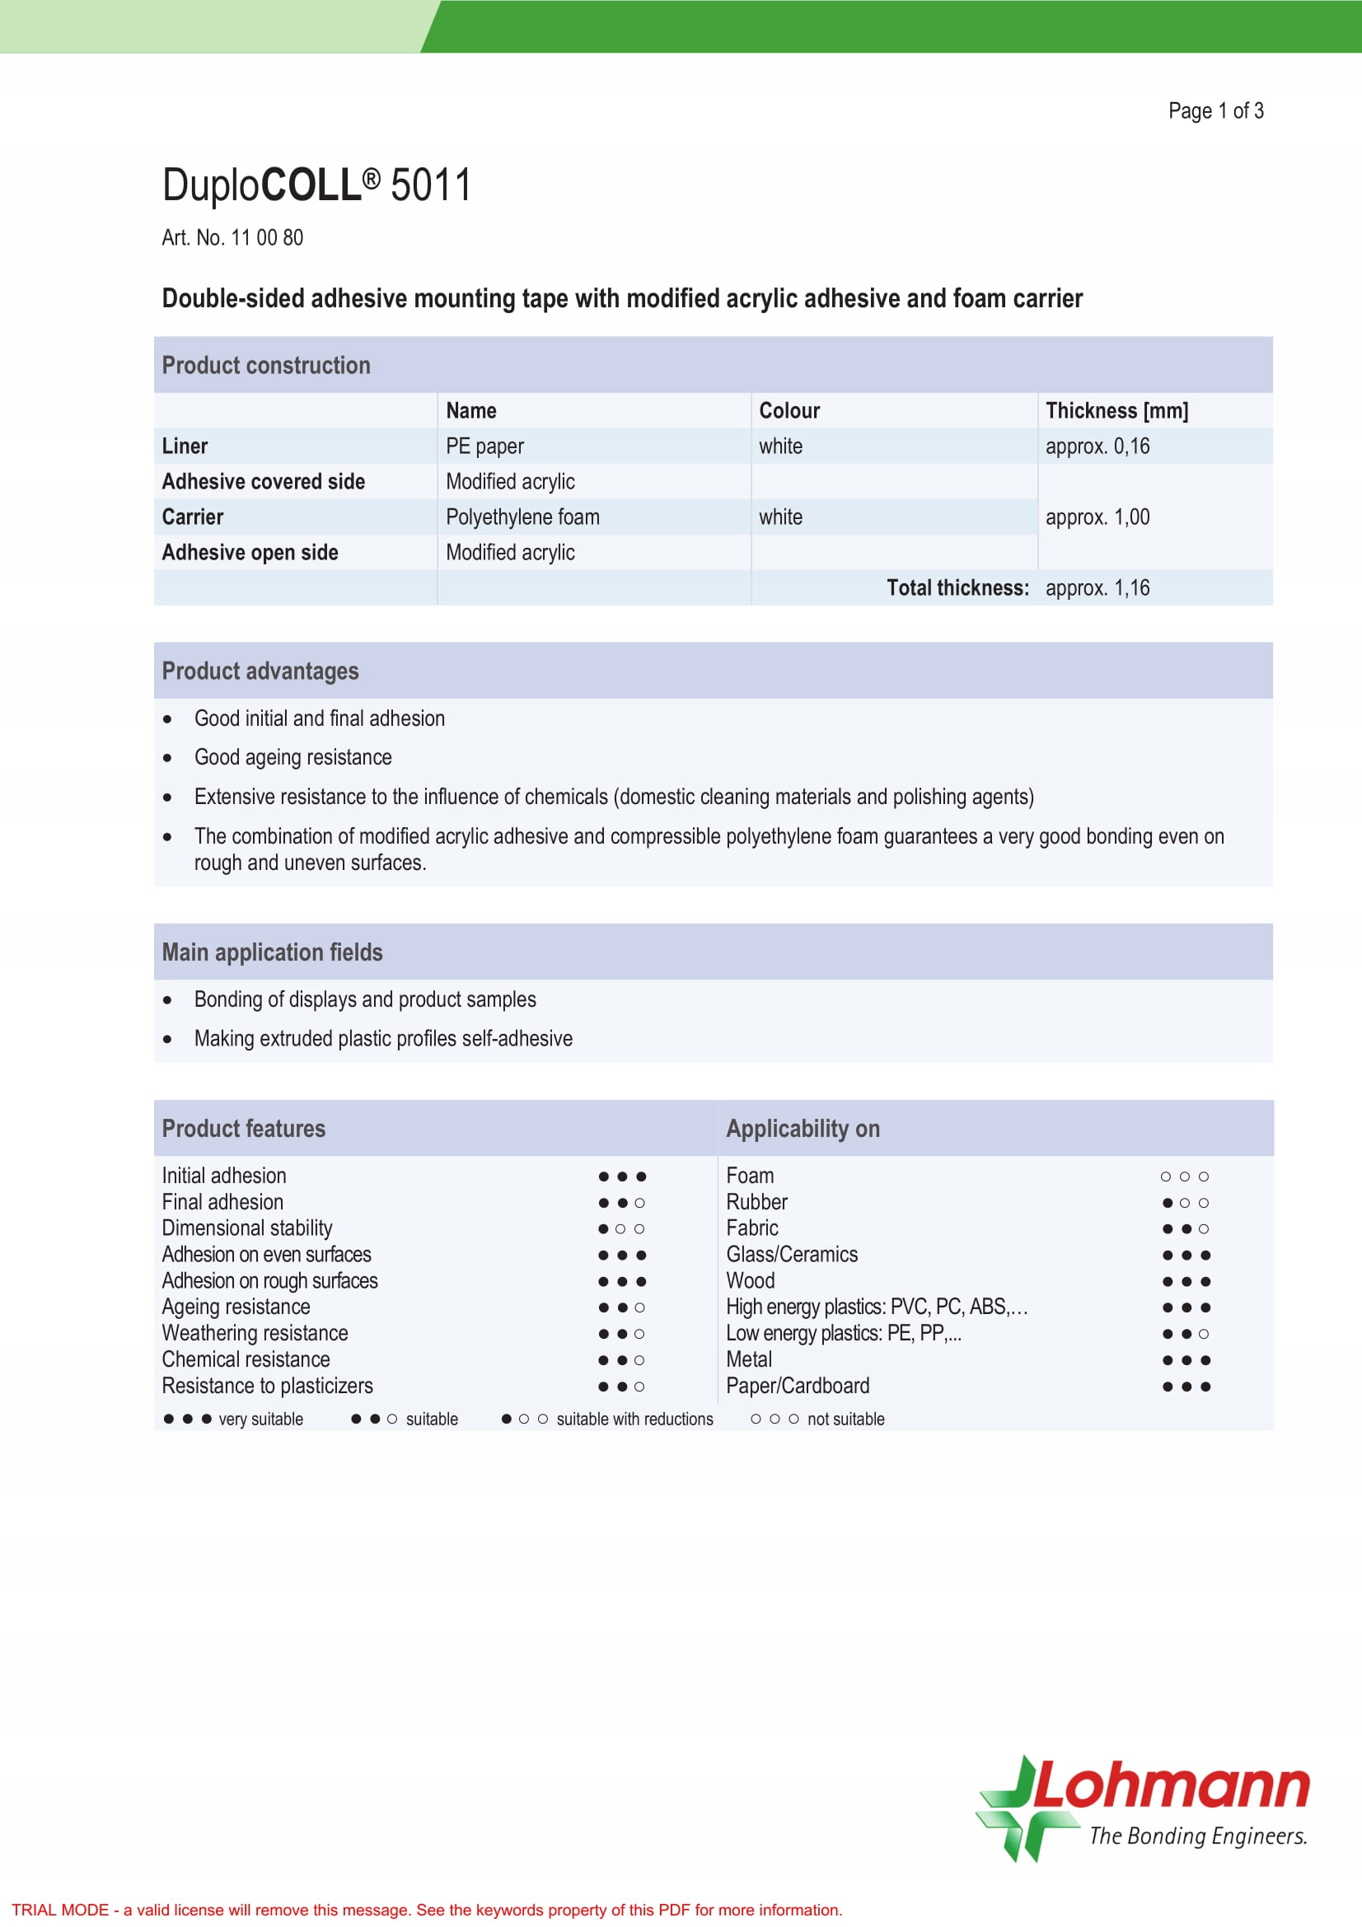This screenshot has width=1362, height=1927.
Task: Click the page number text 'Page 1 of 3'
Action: [x=1215, y=110]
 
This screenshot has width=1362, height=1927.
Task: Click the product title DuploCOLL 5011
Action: [x=316, y=185]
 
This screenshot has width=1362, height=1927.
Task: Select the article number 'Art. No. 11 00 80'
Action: [x=232, y=237]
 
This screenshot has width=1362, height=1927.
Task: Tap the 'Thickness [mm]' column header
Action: [x=1116, y=410]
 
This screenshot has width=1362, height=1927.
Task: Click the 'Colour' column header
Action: [x=789, y=410]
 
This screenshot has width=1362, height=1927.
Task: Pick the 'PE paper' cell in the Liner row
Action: [x=484, y=447]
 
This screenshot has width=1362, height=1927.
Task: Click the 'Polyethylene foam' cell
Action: [x=522, y=517]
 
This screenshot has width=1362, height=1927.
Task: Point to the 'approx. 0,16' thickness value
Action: [x=1097, y=447]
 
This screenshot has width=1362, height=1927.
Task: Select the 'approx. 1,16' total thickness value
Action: [x=1097, y=587]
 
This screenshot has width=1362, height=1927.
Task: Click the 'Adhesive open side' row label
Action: [x=250, y=552]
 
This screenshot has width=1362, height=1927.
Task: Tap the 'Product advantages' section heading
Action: [x=260, y=671]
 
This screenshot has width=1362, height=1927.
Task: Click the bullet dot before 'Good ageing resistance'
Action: [x=168, y=758]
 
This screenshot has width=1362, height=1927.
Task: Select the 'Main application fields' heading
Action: [x=272, y=952]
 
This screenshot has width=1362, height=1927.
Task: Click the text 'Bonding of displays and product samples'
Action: [x=365, y=999]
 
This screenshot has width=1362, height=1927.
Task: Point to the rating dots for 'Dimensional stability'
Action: [x=621, y=1228]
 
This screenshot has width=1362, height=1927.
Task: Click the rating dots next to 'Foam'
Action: [x=1184, y=1176]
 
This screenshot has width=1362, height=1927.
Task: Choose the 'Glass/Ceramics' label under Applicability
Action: [x=791, y=1255]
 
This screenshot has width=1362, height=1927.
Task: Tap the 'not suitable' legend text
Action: [x=845, y=1419]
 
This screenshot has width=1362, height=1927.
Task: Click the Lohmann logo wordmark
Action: [x=1171, y=1788]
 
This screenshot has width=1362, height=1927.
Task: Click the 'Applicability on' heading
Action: [x=803, y=1128]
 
